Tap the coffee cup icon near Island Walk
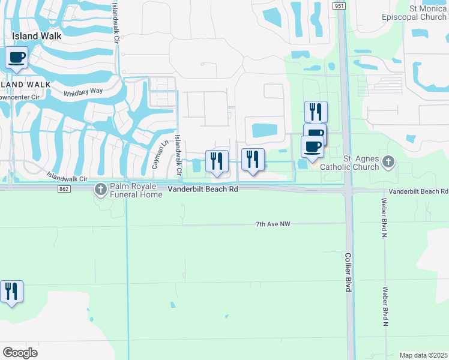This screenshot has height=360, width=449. [17, 58]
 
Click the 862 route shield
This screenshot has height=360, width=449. [64, 189]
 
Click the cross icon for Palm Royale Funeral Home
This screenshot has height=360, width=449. [100, 190]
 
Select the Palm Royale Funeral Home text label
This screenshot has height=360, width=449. [136, 191]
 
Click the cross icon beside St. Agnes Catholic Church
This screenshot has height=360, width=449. [388, 161]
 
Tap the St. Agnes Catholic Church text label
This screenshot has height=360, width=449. [361, 163]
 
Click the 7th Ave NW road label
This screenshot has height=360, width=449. [273, 224]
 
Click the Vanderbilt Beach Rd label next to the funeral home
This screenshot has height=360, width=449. [203, 188]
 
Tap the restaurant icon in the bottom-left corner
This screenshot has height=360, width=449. [11, 292]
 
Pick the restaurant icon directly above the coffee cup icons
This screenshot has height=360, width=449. [316, 112]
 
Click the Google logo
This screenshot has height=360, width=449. [20, 353]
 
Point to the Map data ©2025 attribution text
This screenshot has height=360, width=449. [423, 355]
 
